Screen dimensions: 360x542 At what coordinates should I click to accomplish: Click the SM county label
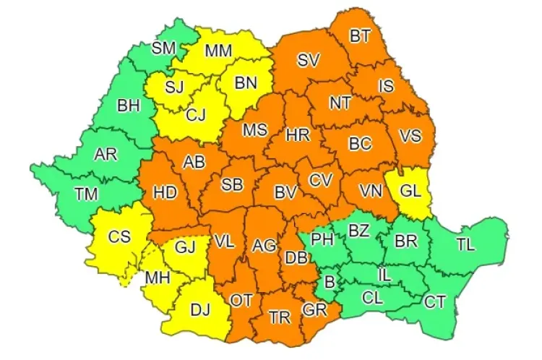pyautogui.click(x=163, y=48)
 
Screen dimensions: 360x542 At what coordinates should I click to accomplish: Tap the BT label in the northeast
pyautogui.click(x=359, y=35)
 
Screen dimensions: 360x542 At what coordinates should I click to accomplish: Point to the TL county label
pyautogui.click(x=466, y=244)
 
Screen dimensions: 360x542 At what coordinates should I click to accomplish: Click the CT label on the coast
pyautogui.click(x=434, y=301)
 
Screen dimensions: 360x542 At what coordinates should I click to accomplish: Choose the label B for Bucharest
pyautogui.click(x=329, y=283)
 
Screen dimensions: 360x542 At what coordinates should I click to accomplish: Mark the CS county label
pyautogui.click(x=119, y=236)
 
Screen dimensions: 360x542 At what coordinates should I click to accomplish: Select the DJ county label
pyautogui.click(x=199, y=311)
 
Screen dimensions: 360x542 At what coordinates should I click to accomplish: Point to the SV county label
pyautogui.click(x=308, y=60)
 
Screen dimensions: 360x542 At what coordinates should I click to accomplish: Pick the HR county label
pyautogui.click(x=297, y=134)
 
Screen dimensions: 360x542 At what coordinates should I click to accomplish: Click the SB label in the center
pyautogui.click(x=231, y=184)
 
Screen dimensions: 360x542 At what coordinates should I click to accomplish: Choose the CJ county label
pyautogui.click(x=197, y=113)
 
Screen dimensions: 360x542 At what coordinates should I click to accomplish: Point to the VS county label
pyautogui.click(x=410, y=137)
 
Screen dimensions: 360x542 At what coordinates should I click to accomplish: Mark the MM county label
pyautogui.click(x=218, y=51)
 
